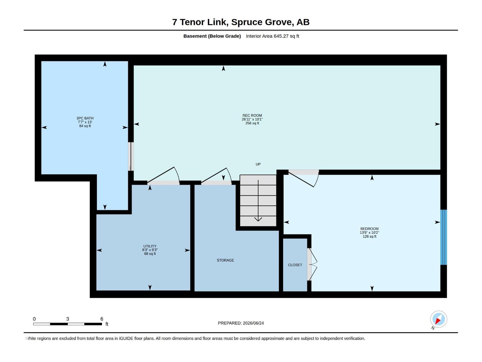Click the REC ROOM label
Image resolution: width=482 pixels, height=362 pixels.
tap(252, 116)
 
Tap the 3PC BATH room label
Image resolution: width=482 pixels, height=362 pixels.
tap(85, 118)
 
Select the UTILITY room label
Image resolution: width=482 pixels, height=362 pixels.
tap(150, 246)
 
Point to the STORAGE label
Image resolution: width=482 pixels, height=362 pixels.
tap(225, 260)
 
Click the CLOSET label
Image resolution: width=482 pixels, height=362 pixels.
tap(295, 265)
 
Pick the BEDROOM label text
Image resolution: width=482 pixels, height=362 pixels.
tap(369, 229)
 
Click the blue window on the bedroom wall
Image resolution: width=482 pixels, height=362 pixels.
tap(443, 237)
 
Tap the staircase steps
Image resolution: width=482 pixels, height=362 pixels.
tap(258, 200)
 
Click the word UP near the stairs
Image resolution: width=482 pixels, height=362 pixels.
tap(258, 164)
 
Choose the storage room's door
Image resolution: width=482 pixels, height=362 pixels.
tap(216, 176)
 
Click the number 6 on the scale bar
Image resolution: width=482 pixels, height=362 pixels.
tap(102, 319)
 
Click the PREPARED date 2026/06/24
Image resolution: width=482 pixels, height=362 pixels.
tap(253, 323)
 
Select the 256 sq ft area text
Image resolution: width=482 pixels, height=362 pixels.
tap(252, 123)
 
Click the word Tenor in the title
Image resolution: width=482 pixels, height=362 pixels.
tap(192, 22)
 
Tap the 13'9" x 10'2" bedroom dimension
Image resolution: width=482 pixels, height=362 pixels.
tap(369, 233)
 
